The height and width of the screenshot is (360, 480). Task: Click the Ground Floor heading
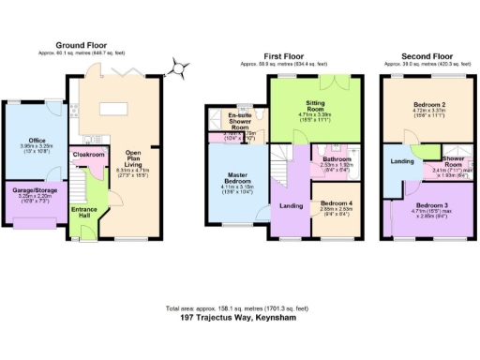pyautogui.click(x=81, y=45)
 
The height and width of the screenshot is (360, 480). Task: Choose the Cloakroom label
pyautogui.click(x=87, y=153)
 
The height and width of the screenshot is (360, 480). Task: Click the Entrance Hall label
pyautogui.click(x=84, y=213)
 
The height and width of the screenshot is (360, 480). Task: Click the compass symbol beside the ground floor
pyautogui.click(x=176, y=67)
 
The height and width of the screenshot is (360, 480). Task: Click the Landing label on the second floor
pyautogui.click(x=400, y=161)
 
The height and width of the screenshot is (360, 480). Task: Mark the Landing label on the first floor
pyautogui.click(x=291, y=206)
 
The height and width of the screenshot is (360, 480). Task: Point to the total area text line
pyautogui.click(x=240, y=307)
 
